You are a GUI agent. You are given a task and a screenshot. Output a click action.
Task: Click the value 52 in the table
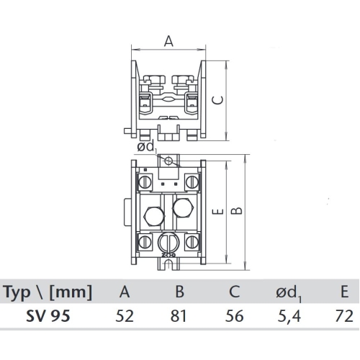[125, 315]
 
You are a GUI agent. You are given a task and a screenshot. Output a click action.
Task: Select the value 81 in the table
[180, 315]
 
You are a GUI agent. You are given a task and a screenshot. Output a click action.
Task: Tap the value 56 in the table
[235, 315]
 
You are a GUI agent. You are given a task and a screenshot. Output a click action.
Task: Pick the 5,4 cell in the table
[289, 315]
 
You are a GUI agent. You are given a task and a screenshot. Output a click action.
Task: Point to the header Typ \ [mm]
[48, 292]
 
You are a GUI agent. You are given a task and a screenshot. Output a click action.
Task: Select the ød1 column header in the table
[289, 293]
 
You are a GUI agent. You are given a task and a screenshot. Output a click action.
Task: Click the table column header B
[180, 292]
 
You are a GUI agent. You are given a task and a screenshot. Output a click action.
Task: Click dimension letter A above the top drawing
[169, 42]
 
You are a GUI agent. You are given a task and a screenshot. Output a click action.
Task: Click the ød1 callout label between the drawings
[146, 148]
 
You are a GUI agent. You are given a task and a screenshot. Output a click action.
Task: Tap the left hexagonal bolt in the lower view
[154, 215]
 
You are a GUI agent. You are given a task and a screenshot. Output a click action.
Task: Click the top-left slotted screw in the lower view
[146, 178]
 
